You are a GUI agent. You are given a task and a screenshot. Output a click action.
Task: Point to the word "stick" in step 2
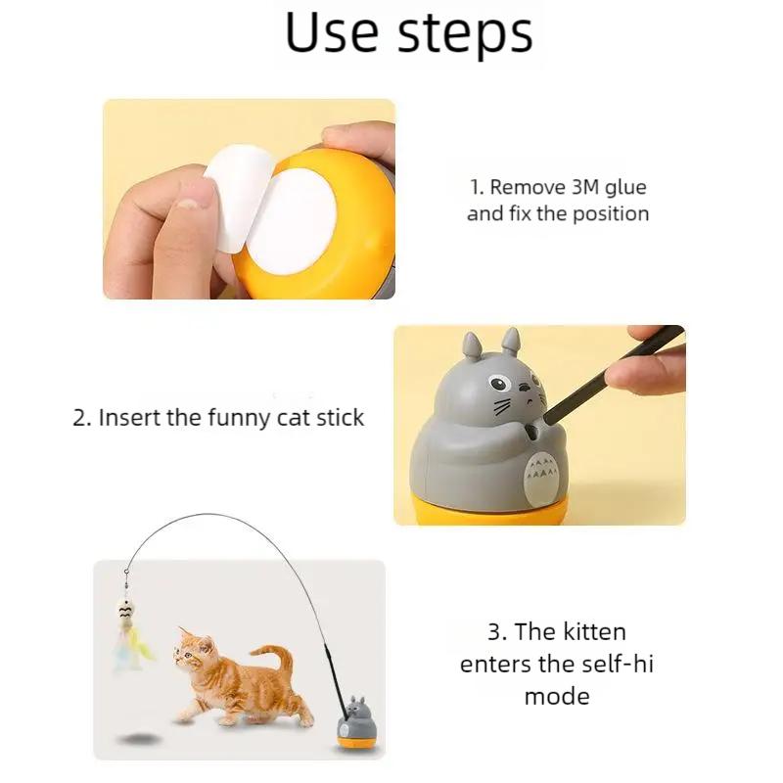pyautogui.click(x=336, y=417)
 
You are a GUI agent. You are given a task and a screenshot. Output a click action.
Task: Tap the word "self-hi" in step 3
pyautogui.click(x=616, y=665)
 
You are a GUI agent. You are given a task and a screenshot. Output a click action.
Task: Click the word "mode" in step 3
pyautogui.click(x=556, y=697)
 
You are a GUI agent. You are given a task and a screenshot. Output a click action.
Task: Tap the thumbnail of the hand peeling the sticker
pyautogui.click(x=249, y=199)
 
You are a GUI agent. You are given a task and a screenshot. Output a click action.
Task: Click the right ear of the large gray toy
pyautogui.click(x=510, y=342)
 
